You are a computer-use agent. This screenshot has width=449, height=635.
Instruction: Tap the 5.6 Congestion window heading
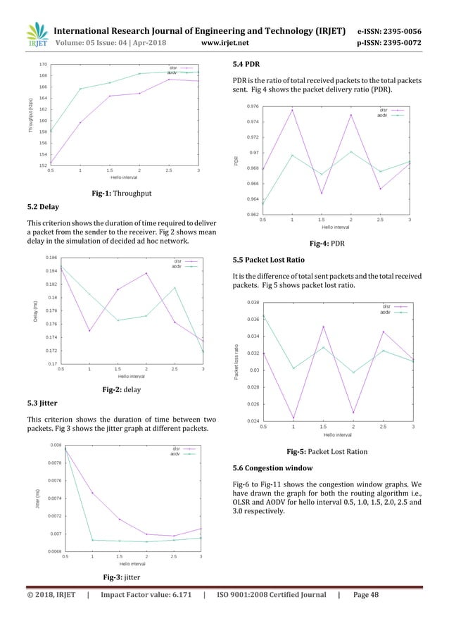pyautogui.click(x=277, y=468)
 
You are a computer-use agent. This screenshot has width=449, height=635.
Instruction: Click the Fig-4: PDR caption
pyautogui.click(x=327, y=242)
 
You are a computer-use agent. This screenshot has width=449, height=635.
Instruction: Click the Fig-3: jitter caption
pyautogui.click(x=123, y=577)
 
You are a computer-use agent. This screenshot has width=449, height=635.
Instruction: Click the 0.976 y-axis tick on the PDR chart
pyautogui.click(x=252, y=106)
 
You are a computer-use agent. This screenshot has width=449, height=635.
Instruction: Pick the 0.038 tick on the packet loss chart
pyautogui.click(x=251, y=303)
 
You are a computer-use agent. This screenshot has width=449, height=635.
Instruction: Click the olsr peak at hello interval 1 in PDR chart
pyautogui.click(x=292, y=110)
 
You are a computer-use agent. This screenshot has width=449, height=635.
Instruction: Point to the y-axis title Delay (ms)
pyautogui.click(x=35, y=313)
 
